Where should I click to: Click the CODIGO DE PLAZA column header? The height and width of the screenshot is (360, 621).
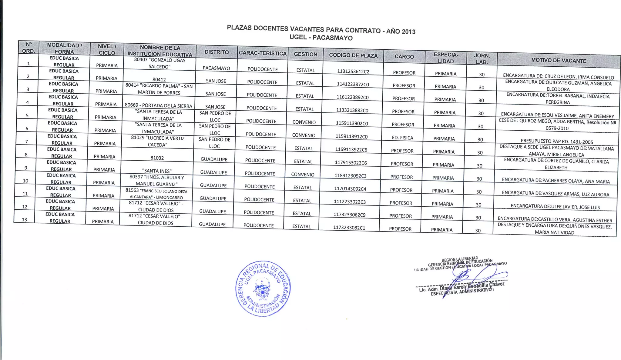(353, 55)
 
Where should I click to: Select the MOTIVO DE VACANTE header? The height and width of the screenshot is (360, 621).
(559, 61)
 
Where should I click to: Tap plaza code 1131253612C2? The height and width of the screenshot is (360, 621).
(353, 72)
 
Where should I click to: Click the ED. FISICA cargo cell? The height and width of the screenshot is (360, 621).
(402, 138)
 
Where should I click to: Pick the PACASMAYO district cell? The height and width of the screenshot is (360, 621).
(216, 68)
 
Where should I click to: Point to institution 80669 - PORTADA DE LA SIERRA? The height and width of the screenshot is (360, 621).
(158, 106)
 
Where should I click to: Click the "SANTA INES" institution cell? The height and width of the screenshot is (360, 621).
(157, 171)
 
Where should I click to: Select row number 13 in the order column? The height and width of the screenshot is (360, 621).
(24, 219)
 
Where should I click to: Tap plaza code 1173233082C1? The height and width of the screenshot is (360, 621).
(349, 228)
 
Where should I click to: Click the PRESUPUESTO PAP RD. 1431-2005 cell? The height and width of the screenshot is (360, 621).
(557, 141)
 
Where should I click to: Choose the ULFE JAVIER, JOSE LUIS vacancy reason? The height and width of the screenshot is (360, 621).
(555, 207)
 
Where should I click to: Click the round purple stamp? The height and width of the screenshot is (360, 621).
(263, 288)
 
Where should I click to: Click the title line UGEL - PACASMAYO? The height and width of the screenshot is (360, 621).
(321, 38)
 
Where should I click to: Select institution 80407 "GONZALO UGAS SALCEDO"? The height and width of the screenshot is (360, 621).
(159, 63)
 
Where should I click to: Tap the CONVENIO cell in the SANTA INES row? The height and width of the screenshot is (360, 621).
(303, 175)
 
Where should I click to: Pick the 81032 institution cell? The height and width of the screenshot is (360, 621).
(157, 158)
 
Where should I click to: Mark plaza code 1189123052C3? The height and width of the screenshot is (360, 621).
(350, 176)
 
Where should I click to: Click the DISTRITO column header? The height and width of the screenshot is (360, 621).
(217, 52)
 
